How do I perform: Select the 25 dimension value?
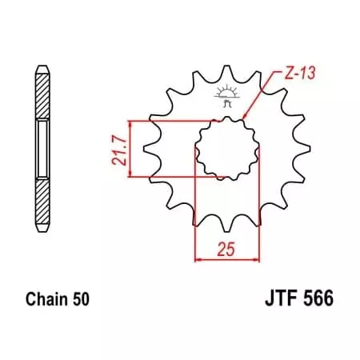[x=226, y=249]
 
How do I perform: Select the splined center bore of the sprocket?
[x=226, y=148]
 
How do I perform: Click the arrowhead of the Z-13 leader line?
[x=245, y=120]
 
